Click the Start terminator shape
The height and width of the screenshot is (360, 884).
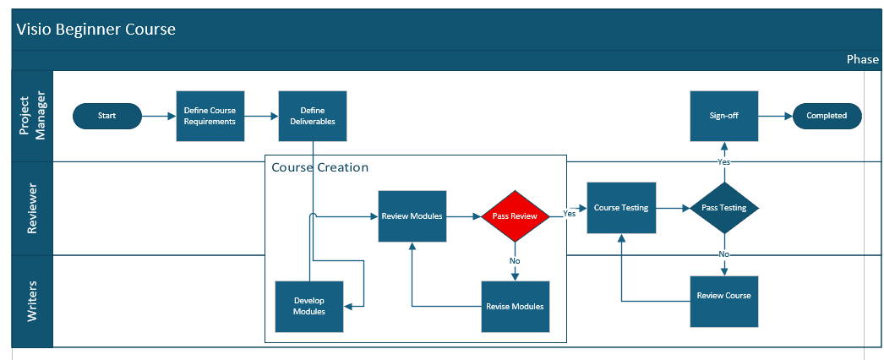(107, 116)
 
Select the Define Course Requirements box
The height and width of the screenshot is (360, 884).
(210, 116)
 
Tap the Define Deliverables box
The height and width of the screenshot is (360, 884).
(313, 116)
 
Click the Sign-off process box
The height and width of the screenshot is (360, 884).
(724, 116)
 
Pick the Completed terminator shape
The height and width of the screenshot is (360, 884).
(827, 116)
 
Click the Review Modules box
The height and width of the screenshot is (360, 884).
(412, 216)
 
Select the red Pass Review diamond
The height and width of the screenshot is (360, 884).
(515, 216)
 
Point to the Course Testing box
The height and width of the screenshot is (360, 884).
(621, 208)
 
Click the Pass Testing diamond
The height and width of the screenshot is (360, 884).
(724, 208)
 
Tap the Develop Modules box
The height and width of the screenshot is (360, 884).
(309, 306)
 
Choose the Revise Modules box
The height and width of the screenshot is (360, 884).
(515, 306)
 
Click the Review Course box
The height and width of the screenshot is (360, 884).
(723, 297)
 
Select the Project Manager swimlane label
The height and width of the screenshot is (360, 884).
(32, 116)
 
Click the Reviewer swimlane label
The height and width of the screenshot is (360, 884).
(32, 208)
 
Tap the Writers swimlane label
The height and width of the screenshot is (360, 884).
(32, 301)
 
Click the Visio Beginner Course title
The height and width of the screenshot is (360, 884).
(95, 30)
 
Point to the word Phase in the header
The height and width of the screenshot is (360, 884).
(862, 60)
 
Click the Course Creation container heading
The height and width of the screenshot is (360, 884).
(319, 167)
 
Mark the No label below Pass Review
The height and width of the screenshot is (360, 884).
(515, 261)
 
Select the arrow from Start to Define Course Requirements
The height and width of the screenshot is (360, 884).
(158, 116)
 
